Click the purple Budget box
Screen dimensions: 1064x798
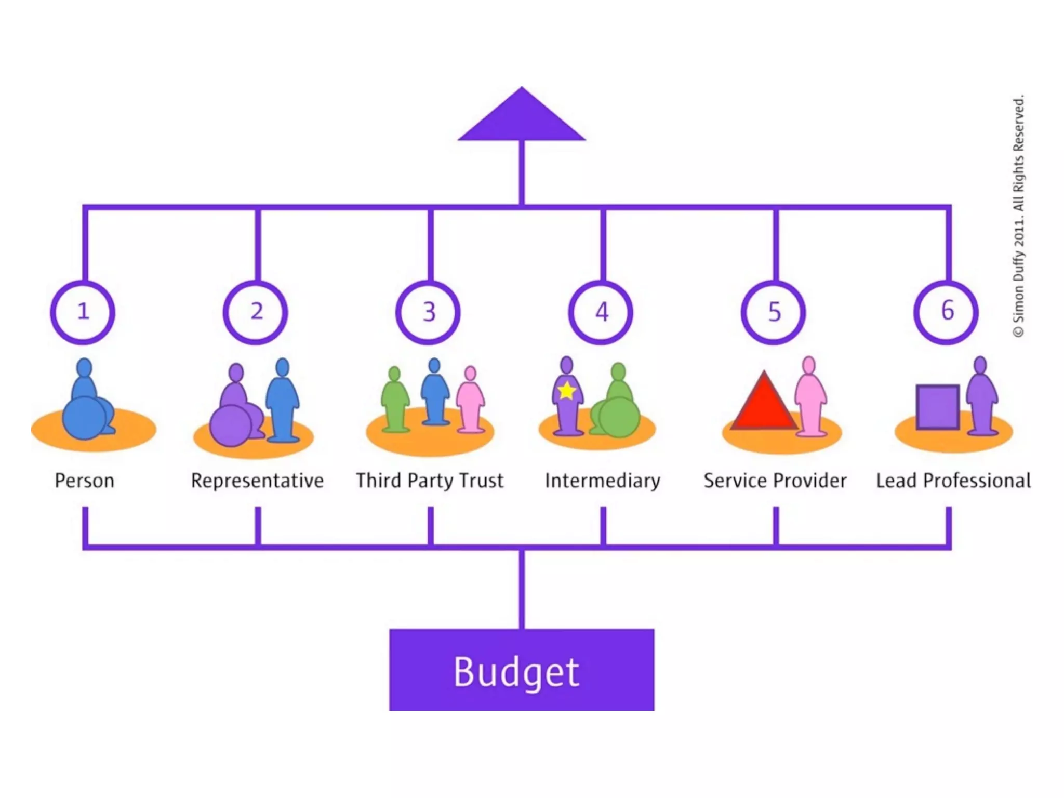pos(522,670)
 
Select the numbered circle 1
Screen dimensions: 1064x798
pos(83,312)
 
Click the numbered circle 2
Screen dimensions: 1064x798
pos(256,312)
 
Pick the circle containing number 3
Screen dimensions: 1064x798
pos(428,312)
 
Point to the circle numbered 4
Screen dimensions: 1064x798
pos(601,312)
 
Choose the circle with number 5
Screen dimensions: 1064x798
pos(774,312)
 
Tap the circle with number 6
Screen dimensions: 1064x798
pos(947,312)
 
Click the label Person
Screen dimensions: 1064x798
pos(84,481)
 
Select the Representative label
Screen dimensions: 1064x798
pos(257,481)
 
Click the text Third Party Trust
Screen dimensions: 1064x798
pos(430,481)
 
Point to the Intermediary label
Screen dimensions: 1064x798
pos(603,481)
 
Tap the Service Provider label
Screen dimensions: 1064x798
pos(775,481)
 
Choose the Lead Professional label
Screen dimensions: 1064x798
pos(953,481)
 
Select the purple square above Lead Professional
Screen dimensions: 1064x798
pos(937,407)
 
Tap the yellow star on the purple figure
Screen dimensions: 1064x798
pos(567,390)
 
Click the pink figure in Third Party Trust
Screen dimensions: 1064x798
pos(470,403)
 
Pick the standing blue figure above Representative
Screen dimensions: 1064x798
pos(282,400)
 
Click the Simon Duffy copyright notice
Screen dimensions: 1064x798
pos(1019,216)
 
